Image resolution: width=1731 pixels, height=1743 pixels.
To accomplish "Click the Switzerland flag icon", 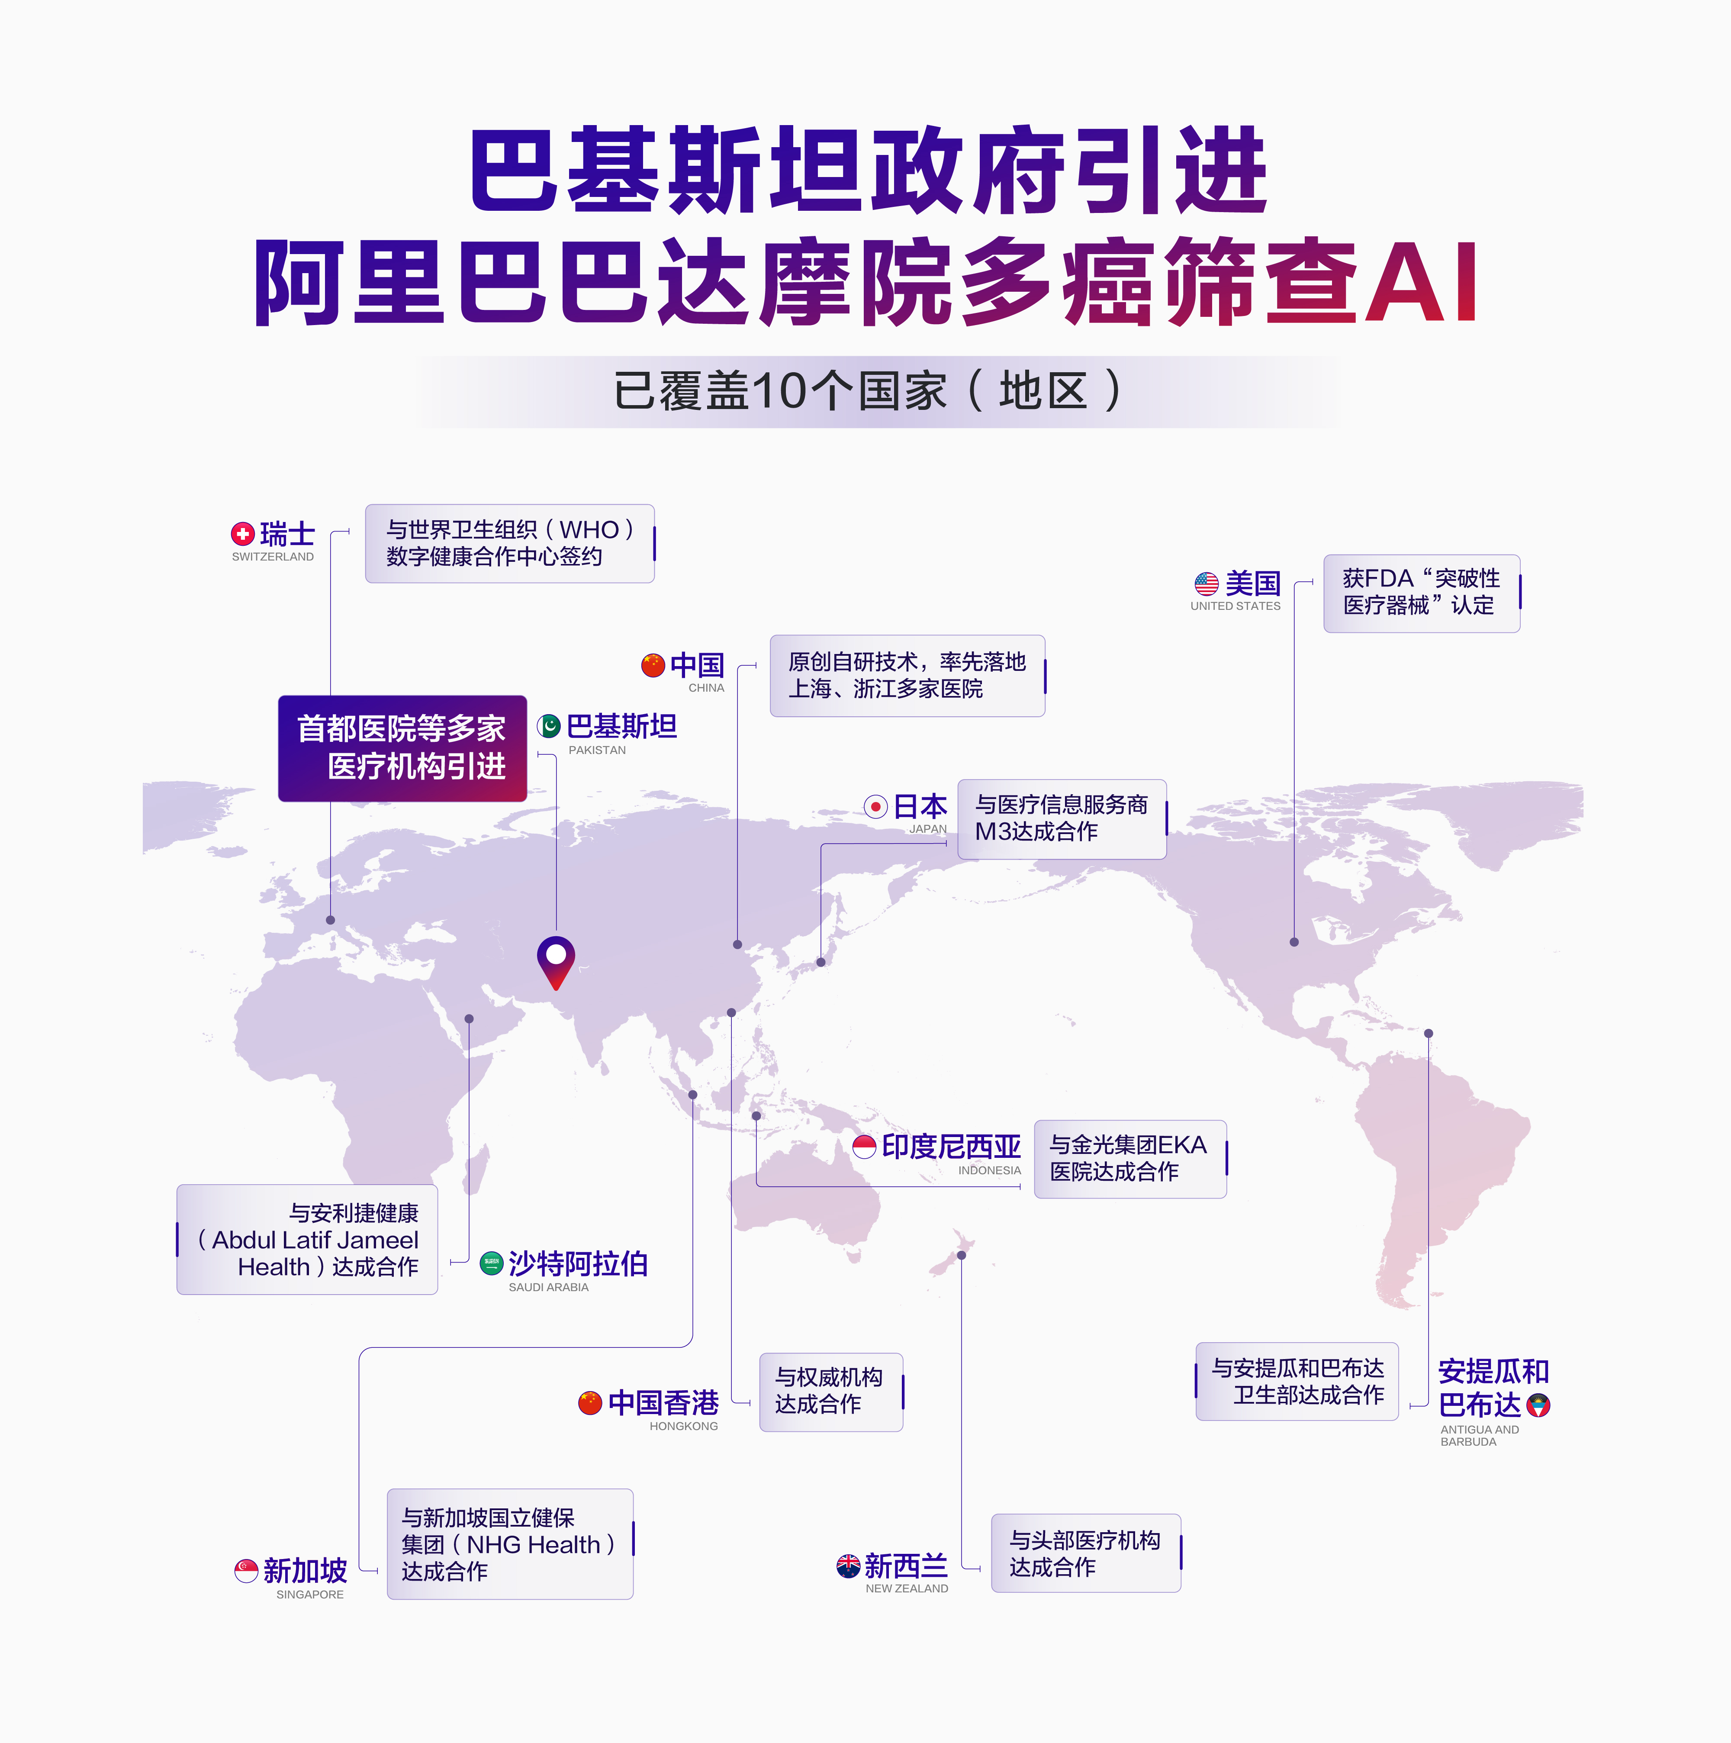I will (x=243, y=534).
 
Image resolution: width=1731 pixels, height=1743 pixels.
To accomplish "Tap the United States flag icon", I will (x=1206, y=584).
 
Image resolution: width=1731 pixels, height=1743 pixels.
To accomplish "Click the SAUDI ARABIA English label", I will (x=548, y=1287).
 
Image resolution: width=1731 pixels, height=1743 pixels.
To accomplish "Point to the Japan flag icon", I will (x=875, y=806).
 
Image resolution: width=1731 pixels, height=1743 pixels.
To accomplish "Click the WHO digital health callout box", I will (x=510, y=543).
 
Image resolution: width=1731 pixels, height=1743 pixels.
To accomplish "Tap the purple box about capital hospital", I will (x=402, y=748).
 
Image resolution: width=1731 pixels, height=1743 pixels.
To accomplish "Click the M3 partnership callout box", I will (x=1062, y=818).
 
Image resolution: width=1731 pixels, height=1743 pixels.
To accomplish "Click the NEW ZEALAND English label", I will (x=907, y=1589).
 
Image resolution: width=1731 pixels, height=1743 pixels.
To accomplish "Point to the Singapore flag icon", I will (x=246, y=1571).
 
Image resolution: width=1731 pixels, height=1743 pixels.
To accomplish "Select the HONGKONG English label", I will (x=684, y=1426).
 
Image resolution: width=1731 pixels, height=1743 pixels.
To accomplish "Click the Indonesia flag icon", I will (x=864, y=1147).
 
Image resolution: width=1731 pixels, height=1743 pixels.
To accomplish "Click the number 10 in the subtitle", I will (x=779, y=392).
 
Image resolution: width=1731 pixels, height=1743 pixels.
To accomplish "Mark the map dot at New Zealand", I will (x=962, y=1255).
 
